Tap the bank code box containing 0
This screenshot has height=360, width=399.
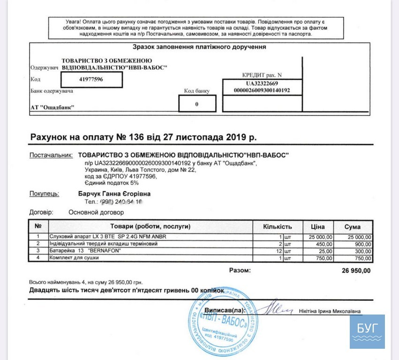pos(197,104)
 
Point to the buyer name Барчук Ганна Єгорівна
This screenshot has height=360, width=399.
pos(114,193)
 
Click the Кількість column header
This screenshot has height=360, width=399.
pos(278,226)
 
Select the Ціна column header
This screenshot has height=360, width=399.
pos(318,226)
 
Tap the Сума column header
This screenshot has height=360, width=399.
pos(353,226)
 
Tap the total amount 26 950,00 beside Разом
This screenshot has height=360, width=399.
pos(354,270)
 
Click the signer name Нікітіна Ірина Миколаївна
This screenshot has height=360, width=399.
pos(330,311)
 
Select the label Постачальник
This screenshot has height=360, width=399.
pos(51,155)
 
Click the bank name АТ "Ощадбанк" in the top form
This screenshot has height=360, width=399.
pos(53,108)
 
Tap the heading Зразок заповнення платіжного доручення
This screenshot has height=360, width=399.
pos(199,47)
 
